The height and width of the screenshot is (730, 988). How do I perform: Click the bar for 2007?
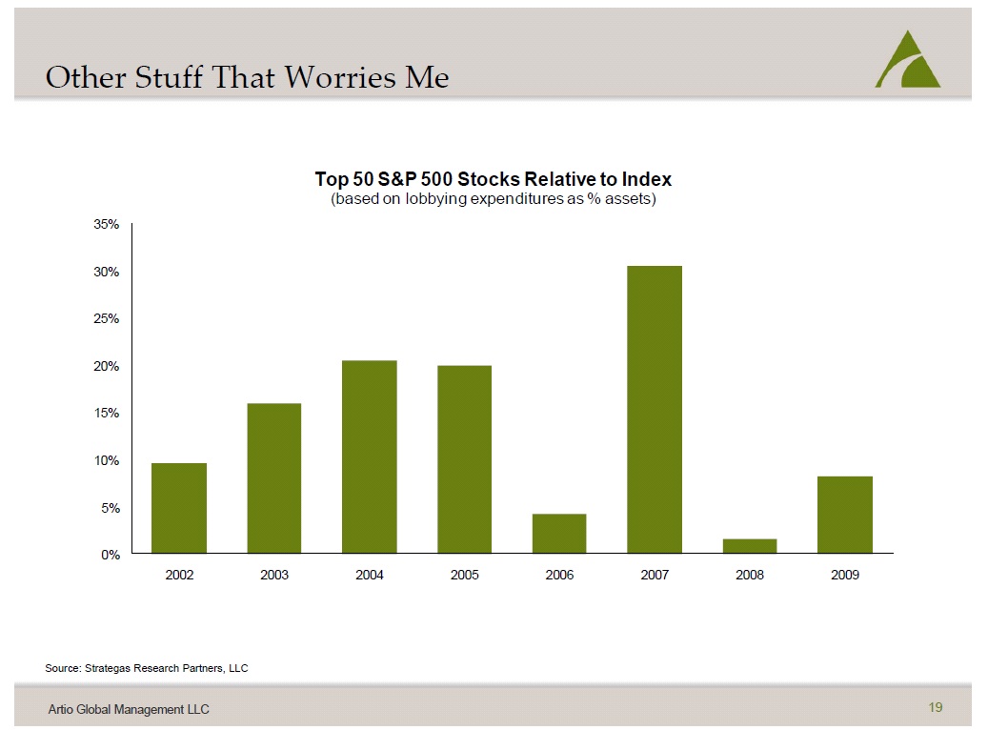pyautogui.click(x=655, y=410)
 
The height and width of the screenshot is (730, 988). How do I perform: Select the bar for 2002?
pyautogui.click(x=179, y=508)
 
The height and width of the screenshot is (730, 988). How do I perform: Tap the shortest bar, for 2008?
pyautogui.click(x=750, y=546)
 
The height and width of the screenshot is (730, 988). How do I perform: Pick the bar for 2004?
pyautogui.click(x=370, y=456)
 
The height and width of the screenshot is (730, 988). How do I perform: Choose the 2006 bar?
pyautogui.click(x=559, y=534)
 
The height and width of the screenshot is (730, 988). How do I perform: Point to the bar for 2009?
pyautogui.click(x=845, y=515)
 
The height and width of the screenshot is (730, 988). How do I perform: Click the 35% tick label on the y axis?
pyautogui.click(x=106, y=225)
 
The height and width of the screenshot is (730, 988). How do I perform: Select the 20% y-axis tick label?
pyautogui.click(x=106, y=366)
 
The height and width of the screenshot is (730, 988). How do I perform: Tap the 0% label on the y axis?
pyautogui.click(x=110, y=555)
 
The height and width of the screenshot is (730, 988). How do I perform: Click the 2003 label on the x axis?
pyautogui.click(x=274, y=576)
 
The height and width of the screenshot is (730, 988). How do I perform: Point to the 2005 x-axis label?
pyautogui.click(x=464, y=576)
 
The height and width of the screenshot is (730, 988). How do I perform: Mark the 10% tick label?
pyautogui.click(x=106, y=460)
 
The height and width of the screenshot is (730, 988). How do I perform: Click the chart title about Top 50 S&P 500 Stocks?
pyautogui.click(x=494, y=179)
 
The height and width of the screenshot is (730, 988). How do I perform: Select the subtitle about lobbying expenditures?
pyautogui.click(x=494, y=200)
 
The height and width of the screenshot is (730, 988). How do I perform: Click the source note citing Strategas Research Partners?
pyautogui.click(x=147, y=668)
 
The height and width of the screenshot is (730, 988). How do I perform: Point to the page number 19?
pyautogui.click(x=935, y=707)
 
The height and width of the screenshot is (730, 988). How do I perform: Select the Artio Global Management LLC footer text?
pyautogui.click(x=129, y=709)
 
